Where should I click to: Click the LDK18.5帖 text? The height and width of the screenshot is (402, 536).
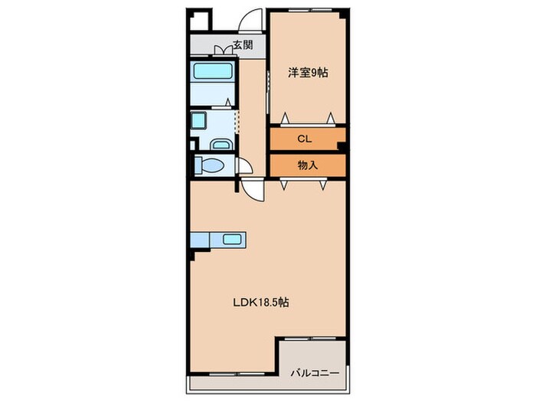point(260,302)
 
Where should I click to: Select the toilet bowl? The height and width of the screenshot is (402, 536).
point(210,165)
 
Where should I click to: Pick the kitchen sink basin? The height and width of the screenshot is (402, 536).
point(232,240)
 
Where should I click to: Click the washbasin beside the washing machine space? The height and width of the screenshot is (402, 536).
point(221,143)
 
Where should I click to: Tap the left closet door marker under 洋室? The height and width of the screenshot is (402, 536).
point(285,117)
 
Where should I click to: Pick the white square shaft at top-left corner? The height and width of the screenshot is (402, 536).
point(198,20)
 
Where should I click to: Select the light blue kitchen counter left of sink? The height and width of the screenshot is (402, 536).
point(199,240)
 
